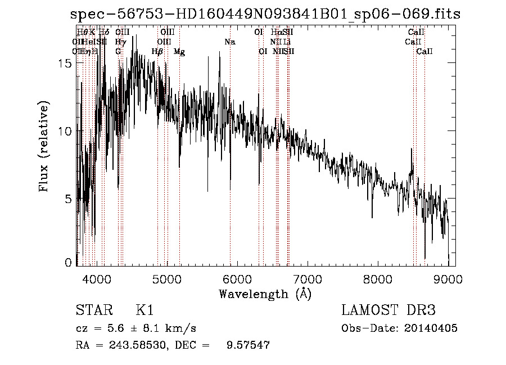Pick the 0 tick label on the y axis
[x=69, y=263]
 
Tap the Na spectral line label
[x=229, y=42]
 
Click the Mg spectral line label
[x=179, y=52]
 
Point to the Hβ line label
[x=158, y=52]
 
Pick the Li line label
[x=287, y=42]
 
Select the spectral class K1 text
[x=144, y=311]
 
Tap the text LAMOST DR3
[x=388, y=311]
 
